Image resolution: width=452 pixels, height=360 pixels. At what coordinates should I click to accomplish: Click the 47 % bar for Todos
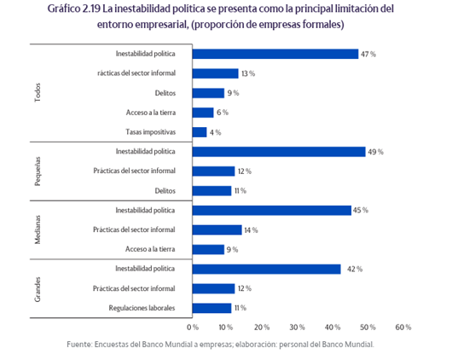(275, 54)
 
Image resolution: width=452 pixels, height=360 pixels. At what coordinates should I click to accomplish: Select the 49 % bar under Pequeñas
(279, 152)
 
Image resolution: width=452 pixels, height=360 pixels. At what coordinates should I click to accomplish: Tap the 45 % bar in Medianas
(272, 211)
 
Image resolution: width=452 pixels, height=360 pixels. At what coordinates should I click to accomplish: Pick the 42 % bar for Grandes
(267, 269)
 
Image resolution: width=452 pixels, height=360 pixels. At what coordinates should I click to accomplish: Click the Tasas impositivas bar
(200, 132)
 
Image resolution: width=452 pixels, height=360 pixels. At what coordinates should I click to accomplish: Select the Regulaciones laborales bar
(212, 308)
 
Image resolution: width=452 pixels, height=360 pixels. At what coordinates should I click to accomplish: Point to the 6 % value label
(223, 113)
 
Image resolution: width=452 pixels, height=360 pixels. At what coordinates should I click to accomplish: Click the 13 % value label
(248, 73)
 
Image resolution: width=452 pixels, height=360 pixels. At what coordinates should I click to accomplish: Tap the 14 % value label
(251, 230)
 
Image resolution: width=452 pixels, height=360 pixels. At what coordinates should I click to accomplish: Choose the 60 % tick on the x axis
(403, 327)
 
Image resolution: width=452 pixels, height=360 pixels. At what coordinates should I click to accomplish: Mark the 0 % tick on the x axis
(193, 327)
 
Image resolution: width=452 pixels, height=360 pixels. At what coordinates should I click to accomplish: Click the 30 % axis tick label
(297, 327)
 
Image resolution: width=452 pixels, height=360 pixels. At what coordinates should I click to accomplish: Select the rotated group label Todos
(38, 92)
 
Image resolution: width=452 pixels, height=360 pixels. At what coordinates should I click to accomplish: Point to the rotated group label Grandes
(38, 289)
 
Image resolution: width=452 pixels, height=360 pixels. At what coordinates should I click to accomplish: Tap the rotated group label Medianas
(38, 229)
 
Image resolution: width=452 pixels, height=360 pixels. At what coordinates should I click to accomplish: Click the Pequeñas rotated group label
(38, 171)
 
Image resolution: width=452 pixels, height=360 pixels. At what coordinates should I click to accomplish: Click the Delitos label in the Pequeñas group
(165, 191)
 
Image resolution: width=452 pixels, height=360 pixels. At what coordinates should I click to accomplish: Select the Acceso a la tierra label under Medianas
(150, 249)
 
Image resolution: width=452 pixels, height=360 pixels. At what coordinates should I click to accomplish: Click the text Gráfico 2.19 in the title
(74, 9)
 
